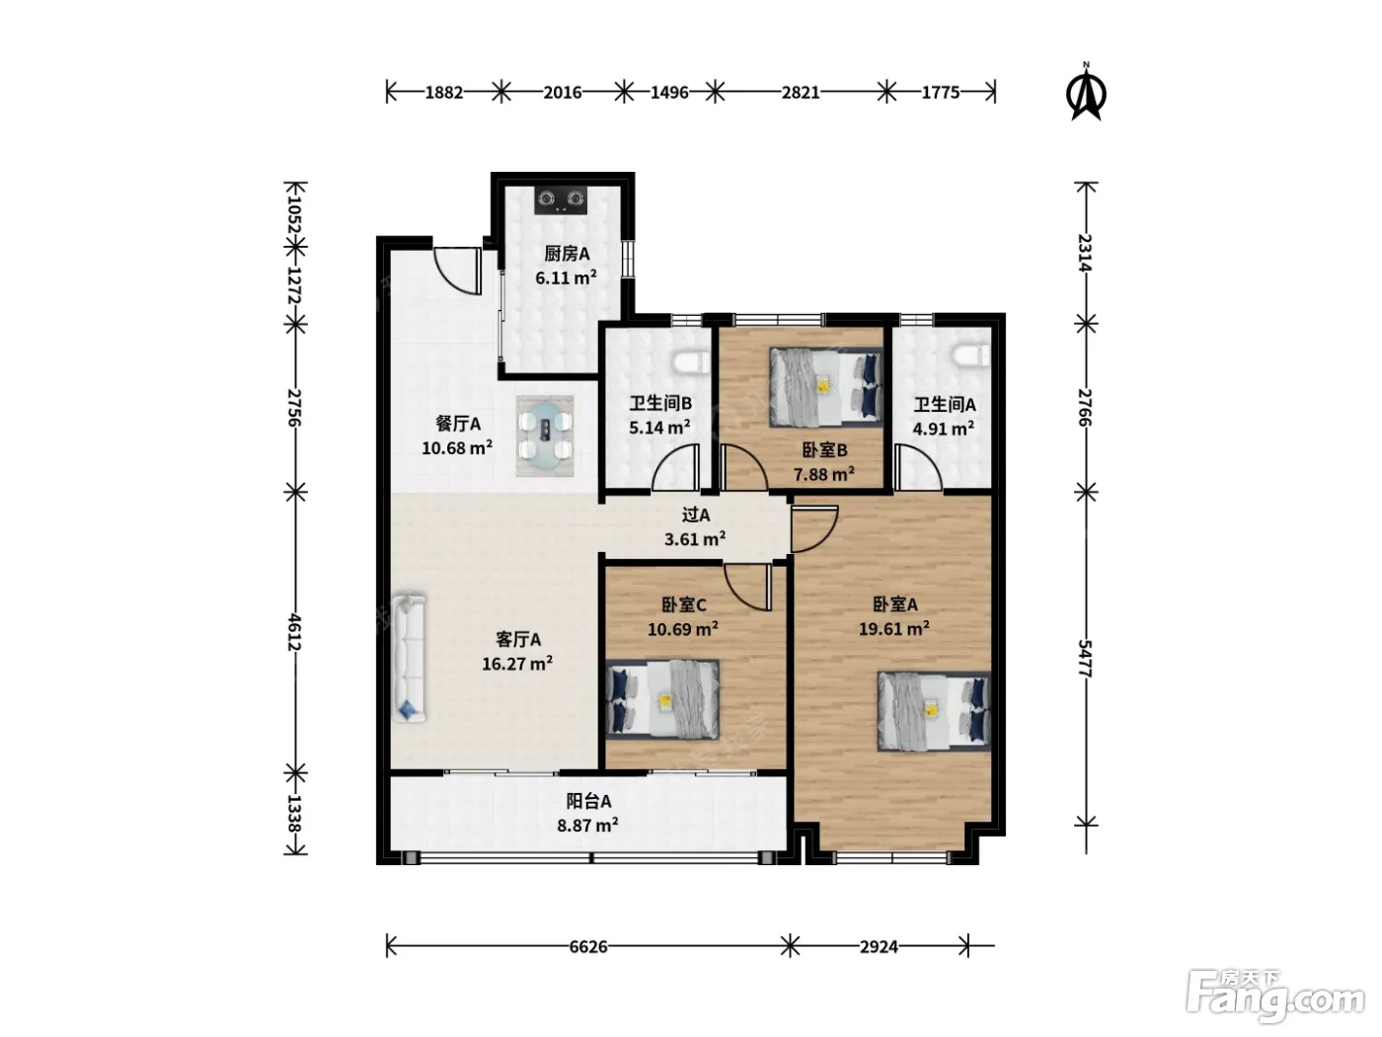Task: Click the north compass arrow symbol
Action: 1086,92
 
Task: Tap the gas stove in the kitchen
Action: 561,199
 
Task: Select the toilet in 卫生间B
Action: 692,362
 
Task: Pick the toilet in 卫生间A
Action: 971,355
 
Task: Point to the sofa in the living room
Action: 410,657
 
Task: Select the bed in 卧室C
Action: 662,699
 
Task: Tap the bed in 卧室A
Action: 934,711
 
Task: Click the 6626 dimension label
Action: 588,946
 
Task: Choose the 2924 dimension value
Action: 879,946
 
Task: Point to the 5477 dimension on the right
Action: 1084,658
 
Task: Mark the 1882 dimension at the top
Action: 444,93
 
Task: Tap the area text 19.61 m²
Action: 894,628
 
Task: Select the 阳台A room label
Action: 588,801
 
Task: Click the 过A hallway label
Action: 696,515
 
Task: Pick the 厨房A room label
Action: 567,253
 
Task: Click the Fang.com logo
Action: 1274,997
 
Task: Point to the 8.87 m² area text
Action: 587,825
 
